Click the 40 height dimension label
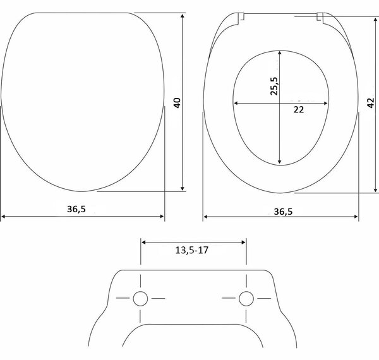pyautogui.click(x=177, y=103)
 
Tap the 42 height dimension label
pyautogui.click(x=371, y=103)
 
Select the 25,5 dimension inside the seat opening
pyautogui.click(x=274, y=86)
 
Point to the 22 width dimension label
pyautogui.click(x=299, y=110)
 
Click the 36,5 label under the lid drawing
pyautogui.click(x=76, y=209)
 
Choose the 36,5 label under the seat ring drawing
pyautogui.click(x=283, y=212)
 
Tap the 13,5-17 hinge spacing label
pyautogui.click(x=191, y=250)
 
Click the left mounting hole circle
pyautogui.click(x=140, y=299)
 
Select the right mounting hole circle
pyautogui.click(x=246, y=299)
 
